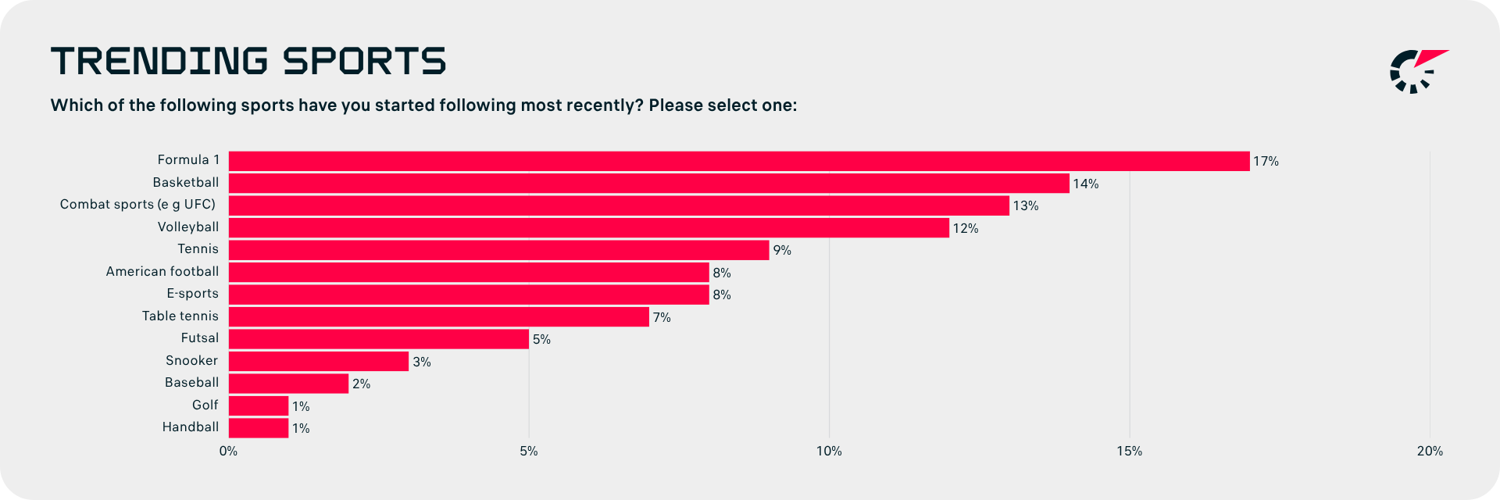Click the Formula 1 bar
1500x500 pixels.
[x=739, y=161]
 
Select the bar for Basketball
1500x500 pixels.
[x=649, y=184]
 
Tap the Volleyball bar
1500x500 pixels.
[x=589, y=228]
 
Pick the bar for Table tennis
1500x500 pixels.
[x=439, y=316]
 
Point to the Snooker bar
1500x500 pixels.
[x=319, y=361]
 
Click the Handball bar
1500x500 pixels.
[x=259, y=428]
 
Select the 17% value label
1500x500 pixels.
[x=1266, y=162]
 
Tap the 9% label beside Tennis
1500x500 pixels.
[x=782, y=251]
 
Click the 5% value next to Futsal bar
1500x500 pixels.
[x=541, y=340]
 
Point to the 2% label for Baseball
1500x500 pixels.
[x=361, y=384]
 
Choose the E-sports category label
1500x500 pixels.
[x=192, y=294]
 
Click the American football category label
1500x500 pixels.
[x=162, y=271]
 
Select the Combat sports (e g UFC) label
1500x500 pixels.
[x=137, y=205]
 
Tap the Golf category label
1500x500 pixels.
[x=205, y=405]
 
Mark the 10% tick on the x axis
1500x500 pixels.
[x=829, y=452]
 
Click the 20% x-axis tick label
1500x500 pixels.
[x=1430, y=452]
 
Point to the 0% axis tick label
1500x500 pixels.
[x=228, y=452]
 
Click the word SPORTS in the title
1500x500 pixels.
[x=364, y=61]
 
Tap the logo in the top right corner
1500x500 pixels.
[x=1420, y=71]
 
